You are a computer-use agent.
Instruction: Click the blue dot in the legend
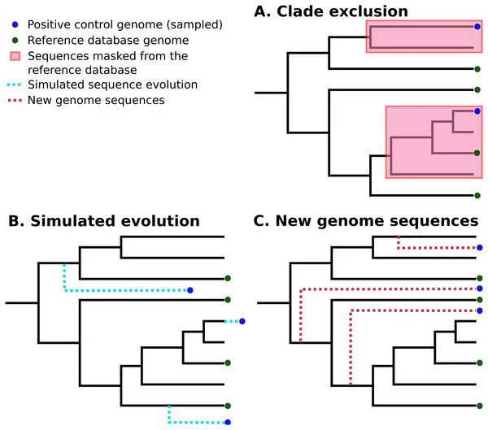point(15,24)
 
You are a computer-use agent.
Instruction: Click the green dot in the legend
point(15,40)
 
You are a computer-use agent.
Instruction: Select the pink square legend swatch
point(15,56)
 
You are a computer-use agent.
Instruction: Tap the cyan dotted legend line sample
point(15,85)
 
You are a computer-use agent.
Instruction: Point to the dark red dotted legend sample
point(15,101)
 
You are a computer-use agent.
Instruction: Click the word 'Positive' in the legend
point(46,24)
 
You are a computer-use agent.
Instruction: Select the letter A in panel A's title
point(260,12)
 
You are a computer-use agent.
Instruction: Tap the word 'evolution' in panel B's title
point(160,221)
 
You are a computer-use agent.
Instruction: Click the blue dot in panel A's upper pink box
point(477,27)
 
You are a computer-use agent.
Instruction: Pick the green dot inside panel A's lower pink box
point(477,153)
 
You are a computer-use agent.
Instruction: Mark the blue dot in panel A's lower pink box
point(477,111)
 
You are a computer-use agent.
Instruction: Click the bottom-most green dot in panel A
point(477,195)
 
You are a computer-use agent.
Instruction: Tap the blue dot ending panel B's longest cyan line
point(190,290)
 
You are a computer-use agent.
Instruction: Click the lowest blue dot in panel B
point(228,422)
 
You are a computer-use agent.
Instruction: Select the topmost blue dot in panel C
point(480,248)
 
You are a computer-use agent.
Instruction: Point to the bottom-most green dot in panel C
point(480,406)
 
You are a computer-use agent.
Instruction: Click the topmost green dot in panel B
point(228,278)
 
